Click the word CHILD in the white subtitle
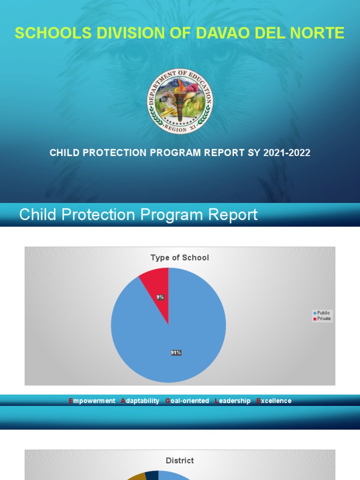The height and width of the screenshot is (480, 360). click(64, 153)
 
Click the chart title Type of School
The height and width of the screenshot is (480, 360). click(180, 257)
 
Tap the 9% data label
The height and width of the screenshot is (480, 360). click(160, 297)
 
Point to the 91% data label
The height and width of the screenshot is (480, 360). click(176, 352)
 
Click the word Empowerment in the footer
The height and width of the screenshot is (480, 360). click(92, 401)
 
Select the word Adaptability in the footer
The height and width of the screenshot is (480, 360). click(140, 401)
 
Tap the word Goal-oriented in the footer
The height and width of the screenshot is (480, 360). click(187, 401)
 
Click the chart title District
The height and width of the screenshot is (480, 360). click(180, 461)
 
